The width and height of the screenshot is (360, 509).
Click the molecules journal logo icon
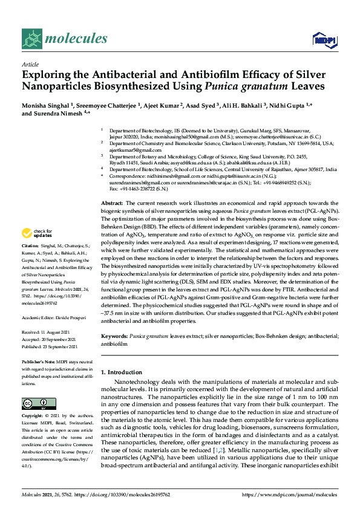click(32, 40)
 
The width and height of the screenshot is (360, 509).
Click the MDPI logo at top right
click(324, 41)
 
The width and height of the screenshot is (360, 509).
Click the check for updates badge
click(38, 233)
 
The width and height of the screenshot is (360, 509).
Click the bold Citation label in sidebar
click(30, 246)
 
